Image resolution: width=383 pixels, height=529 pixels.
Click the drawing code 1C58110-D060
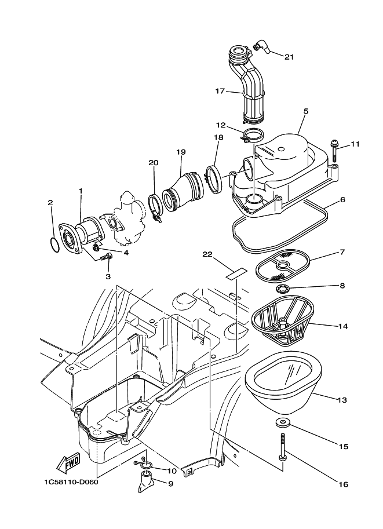[x=71, y=481]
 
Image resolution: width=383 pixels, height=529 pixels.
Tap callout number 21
[x=289, y=57]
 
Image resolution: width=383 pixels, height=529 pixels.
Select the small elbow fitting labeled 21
[x=261, y=47]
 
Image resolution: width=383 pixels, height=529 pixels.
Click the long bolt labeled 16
[x=282, y=446]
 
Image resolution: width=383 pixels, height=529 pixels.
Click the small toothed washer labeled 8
[x=281, y=289]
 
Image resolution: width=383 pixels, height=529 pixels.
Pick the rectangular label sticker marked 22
[x=236, y=273]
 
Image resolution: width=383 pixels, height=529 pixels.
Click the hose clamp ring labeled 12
[x=253, y=136]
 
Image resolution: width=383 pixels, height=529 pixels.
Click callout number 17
[x=220, y=91]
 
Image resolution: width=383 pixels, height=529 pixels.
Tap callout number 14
[x=342, y=326]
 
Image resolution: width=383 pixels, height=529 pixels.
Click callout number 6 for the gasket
[x=342, y=199]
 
